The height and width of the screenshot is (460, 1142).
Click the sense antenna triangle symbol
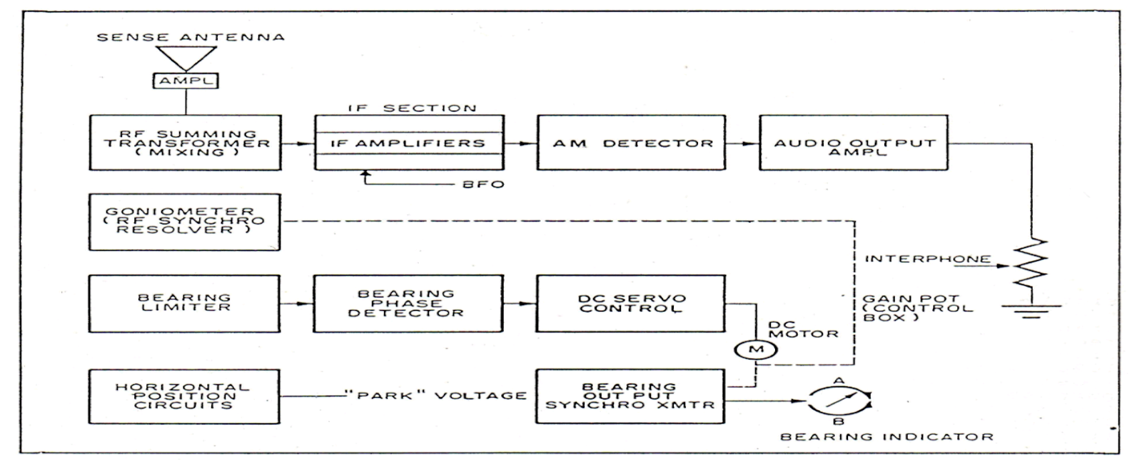coord(187,57)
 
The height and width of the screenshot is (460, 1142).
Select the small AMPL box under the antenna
coord(187,81)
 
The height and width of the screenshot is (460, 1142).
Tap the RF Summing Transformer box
coord(185,143)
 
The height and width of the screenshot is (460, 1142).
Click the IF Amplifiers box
coord(408,143)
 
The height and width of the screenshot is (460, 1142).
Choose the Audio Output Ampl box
coord(854,143)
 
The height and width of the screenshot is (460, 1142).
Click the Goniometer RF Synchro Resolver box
coord(185,221)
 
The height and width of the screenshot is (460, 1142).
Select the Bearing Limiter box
coord(185,303)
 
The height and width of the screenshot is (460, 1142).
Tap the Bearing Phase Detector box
coord(408,303)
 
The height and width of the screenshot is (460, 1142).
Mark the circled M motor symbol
coord(757,349)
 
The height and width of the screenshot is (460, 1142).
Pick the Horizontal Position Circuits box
coord(185,396)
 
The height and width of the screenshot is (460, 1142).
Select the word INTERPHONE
coord(928,259)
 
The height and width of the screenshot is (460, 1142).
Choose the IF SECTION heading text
coord(413,109)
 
